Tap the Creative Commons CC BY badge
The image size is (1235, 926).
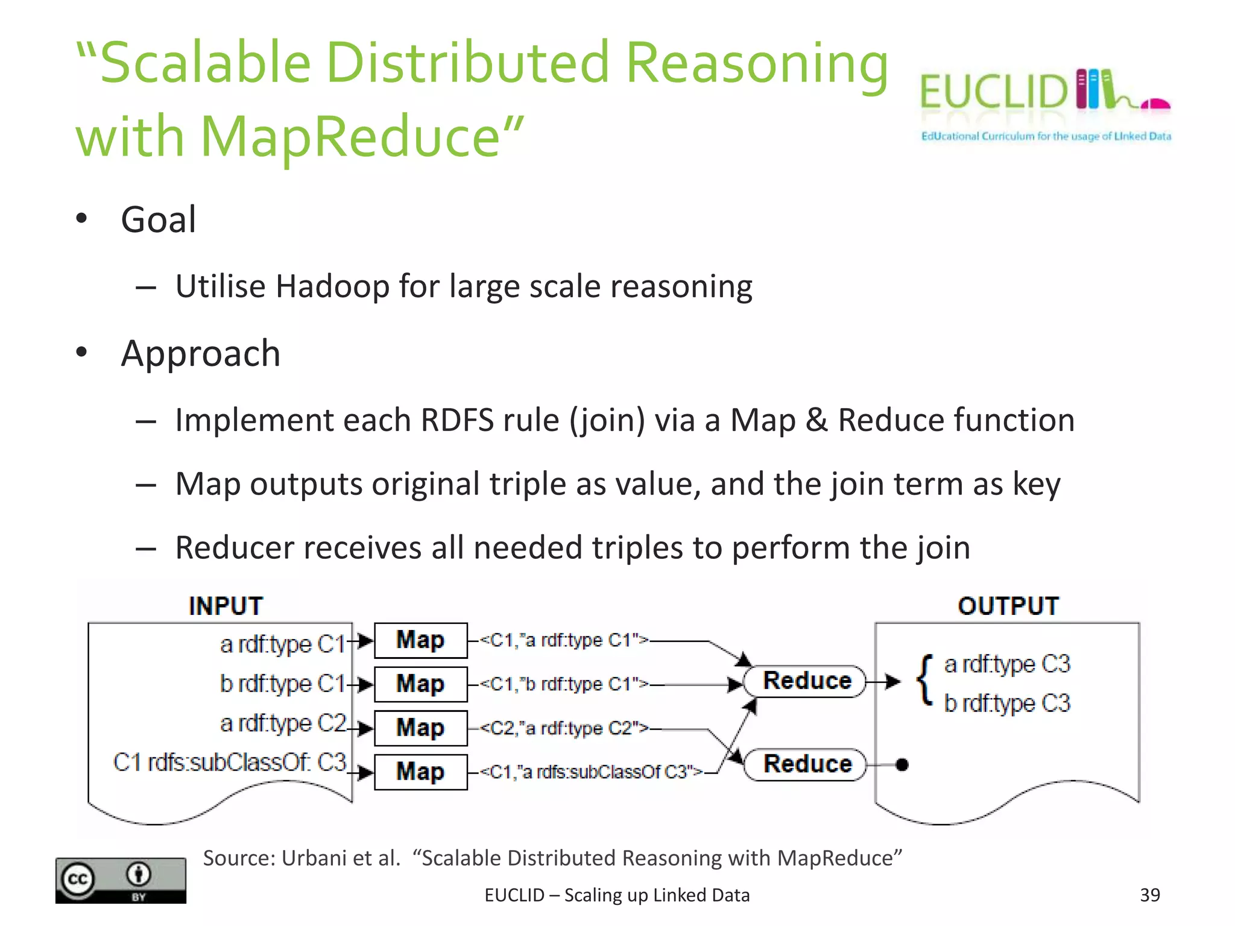pyautogui.click(x=121, y=880)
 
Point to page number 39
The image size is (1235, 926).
pyautogui.click(x=1150, y=895)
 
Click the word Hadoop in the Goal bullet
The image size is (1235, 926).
pyautogui.click(x=332, y=286)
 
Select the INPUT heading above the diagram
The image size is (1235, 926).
pyautogui.click(x=226, y=606)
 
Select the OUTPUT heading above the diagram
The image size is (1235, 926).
pyautogui.click(x=1008, y=606)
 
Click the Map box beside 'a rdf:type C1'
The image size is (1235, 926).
pyautogui.click(x=420, y=640)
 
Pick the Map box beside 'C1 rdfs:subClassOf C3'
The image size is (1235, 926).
pyautogui.click(x=420, y=772)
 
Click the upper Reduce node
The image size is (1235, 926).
pyautogui.click(x=806, y=681)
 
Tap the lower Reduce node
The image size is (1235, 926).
pyautogui.click(x=806, y=764)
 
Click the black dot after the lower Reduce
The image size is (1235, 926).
pyautogui.click(x=902, y=765)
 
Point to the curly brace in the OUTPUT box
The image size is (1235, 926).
pyautogui.click(x=924, y=680)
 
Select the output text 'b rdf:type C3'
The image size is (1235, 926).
pyautogui.click(x=1007, y=704)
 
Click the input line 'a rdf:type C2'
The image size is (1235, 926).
pyautogui.click(x=283, y=723)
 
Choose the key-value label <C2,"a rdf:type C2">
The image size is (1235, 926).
pyautogui.click(x=564, y=728)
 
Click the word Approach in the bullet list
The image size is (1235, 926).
pyautogui.click(x=200, y=353)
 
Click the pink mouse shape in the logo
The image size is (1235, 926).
pyautogui.click(x=1155, y=105)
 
